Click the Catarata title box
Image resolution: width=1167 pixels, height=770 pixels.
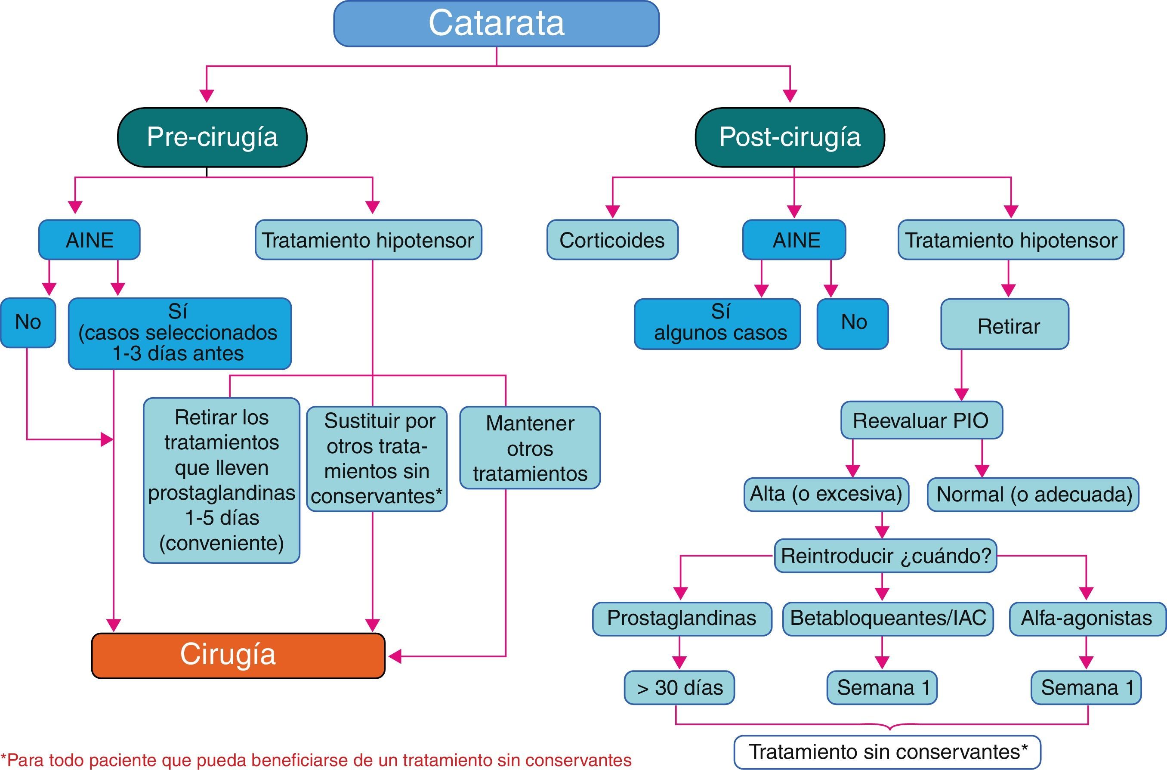(x=496, y=24)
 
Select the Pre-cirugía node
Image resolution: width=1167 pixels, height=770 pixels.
(x=212, y=137)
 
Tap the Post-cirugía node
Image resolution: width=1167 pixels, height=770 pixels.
(x=790, y=137)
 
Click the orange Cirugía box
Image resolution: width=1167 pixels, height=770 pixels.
(x=238, y=655)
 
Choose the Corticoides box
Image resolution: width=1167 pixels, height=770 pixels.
(x=612, y=240)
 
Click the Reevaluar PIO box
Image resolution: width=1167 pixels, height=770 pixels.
(x=921, y=421)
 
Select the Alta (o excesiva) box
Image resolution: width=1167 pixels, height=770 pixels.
(x=826, y=494)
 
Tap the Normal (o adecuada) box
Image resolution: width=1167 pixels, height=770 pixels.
(x=1033, y=495)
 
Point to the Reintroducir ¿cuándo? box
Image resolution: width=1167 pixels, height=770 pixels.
(x=885, y=556)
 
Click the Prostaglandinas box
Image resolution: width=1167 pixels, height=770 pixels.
(x=682, y=618)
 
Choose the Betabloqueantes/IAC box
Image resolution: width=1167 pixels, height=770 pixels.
(x=888, y=618)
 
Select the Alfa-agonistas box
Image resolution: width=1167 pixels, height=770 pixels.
(x=1087, y=618)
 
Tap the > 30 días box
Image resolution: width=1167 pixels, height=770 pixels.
(x=679, y=687)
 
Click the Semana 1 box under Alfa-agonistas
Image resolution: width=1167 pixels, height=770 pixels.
(x=1086, y=687)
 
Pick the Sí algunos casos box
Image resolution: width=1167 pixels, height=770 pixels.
(x=717, y=324)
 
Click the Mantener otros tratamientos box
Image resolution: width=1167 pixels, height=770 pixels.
(x=530, y=448)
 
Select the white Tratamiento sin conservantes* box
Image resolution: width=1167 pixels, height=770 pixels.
(x=887, y=752)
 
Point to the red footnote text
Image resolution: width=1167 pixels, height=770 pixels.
(x=316, y=760)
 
